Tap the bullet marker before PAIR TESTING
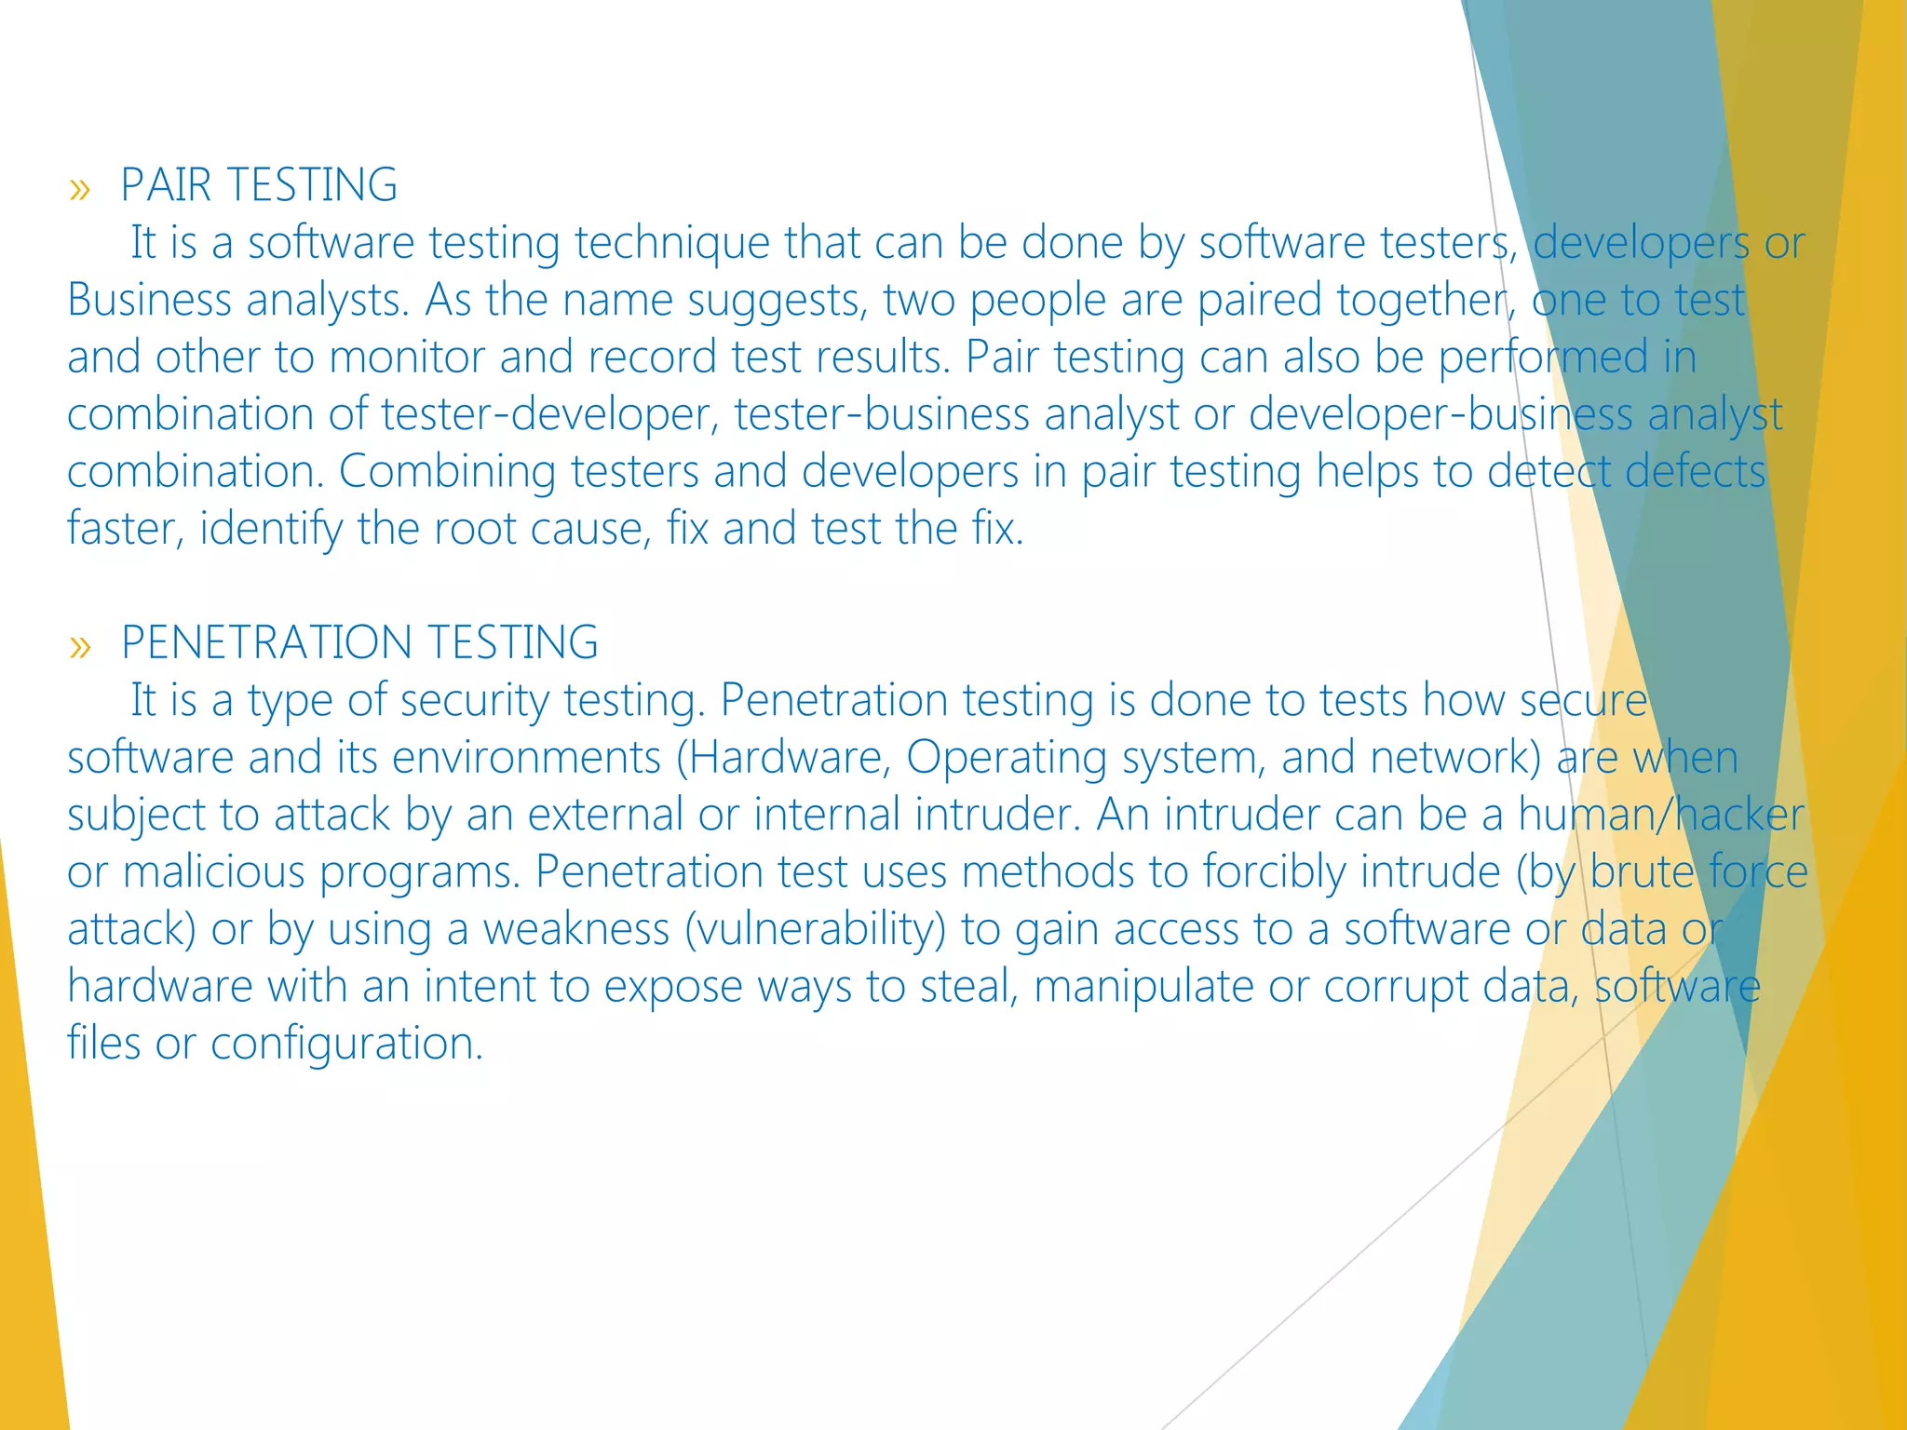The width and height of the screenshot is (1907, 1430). click(x=80, y=190)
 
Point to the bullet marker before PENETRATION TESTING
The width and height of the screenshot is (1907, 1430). click(x=80, y=647)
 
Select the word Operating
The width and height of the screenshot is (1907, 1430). click(x=1007, y=758)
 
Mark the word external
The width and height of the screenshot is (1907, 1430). click(x=605, y=816)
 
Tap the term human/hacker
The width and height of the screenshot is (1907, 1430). click(x=1661, y=816)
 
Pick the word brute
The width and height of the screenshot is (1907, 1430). click(x=1642, y=873)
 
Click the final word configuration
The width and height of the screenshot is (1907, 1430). click(x=346, y=1045)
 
